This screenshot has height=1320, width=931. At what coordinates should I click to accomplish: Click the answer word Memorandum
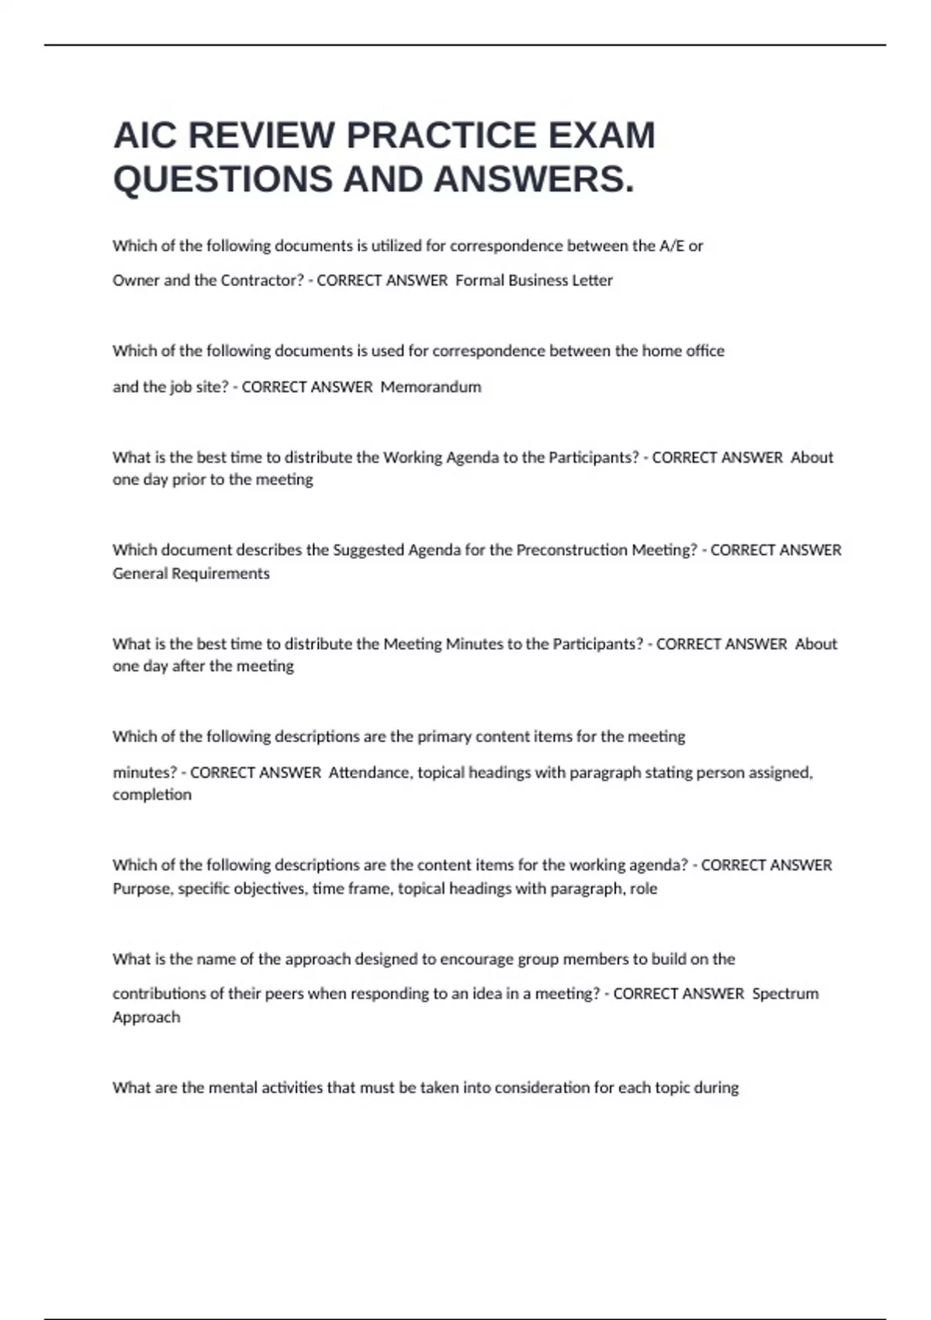pyautogui.click(x=431, y=387)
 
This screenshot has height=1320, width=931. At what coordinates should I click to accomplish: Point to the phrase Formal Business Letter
pyautogui.click(x=534, y=280)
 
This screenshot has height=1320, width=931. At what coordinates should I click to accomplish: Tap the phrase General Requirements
pyautogui.click(x=191, y=574)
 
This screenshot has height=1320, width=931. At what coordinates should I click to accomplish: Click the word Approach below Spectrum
pyautogui.click(x=146, y=1017)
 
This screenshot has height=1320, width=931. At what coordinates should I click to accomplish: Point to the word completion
pyautogui.click(x=152, y=795)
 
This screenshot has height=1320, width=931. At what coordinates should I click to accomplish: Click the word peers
pyautogui.click(x=284, y=994)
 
